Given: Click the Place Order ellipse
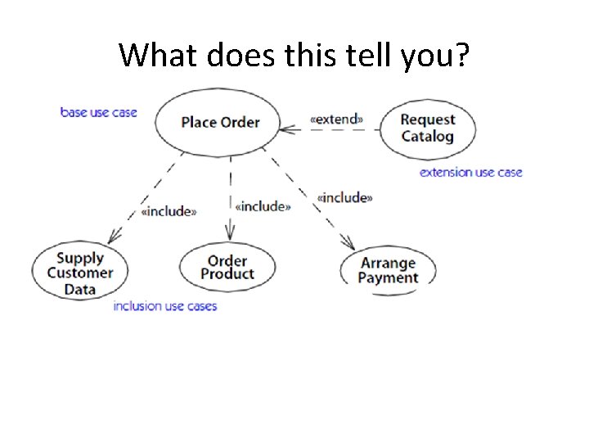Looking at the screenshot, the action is [x=219, y=123].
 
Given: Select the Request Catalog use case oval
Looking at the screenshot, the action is [x=427, y=128].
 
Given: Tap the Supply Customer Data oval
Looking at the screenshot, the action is [x=80, y=273].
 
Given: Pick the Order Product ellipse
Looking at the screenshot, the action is [x=227, y=268].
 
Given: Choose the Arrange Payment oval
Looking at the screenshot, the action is [x=388, y=270].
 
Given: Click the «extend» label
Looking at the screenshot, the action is [x=335, y=119].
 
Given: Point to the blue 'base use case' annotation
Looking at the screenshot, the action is [x=99, y=111].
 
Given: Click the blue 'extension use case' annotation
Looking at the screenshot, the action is [x=470, y=172].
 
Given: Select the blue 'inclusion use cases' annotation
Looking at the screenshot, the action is [x=164, y=306].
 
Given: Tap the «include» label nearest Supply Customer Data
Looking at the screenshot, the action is [x=169, y=211].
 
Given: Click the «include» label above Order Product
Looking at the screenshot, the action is [x=263, y=206].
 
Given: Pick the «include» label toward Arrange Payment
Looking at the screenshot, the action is [x=344, y=197].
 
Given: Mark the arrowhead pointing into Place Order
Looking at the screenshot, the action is [x=286, y=129].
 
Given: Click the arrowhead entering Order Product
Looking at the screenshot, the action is [x=230, y=236].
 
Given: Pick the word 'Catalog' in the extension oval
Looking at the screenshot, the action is [x=427, y=136].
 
